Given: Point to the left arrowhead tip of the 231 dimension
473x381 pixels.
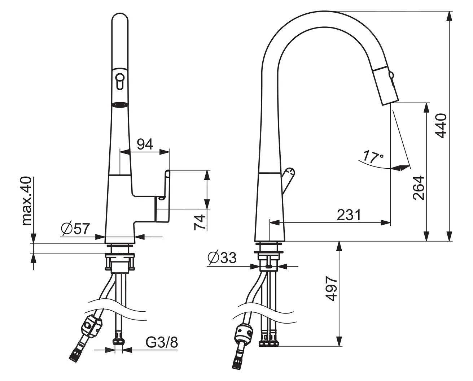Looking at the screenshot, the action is (x=270, y=222).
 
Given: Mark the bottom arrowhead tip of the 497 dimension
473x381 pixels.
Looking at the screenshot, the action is (x=340, y=346).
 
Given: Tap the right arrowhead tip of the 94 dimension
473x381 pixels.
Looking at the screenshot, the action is (x=169, y=152).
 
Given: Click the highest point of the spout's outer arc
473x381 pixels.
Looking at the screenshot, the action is (x=325, y=11).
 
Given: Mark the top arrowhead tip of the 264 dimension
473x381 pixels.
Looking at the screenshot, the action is (x=426, y=103).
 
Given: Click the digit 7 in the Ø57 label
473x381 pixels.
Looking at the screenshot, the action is (x=86, y=229).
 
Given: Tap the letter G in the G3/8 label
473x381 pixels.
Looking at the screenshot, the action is (x=151, y=342).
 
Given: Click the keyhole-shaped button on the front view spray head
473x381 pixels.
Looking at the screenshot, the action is (x=120, y=81).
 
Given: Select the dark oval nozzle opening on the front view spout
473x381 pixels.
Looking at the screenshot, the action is (x=120, y=105).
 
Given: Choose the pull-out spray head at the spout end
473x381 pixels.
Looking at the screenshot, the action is (x=386, y=86).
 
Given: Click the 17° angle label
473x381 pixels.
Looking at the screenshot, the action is (x=373, y=157).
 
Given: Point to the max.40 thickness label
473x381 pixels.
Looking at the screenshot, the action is (x=27, y=201).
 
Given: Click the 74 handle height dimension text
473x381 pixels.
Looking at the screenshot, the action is (x=200, y=222).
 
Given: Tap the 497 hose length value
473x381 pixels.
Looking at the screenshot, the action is (x=331, y=289).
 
